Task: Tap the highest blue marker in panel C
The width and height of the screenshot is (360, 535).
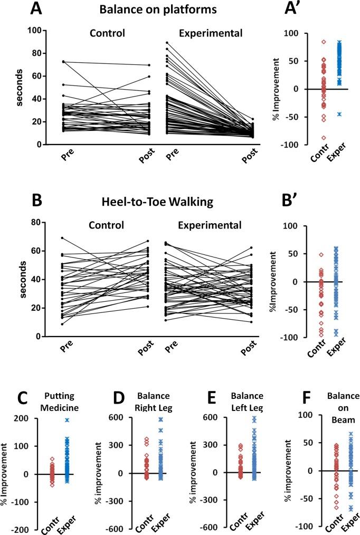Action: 67,420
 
